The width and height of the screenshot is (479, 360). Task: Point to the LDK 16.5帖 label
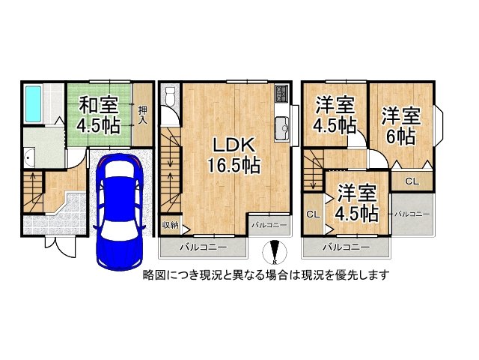[234, 154]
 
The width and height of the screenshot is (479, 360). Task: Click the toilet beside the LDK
[170, 98]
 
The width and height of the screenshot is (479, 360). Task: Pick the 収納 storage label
[170, 225]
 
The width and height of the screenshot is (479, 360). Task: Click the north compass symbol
[275, 253]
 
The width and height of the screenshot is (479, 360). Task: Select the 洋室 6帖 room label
[401, 126]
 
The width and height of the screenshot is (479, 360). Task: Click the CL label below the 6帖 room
[412, 181]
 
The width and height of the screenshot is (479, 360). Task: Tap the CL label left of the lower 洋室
[312, 214]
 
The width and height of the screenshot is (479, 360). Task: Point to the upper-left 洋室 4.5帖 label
[335, 115]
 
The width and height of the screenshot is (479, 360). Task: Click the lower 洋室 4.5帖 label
[356, 202]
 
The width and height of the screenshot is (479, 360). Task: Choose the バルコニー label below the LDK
[202, 246]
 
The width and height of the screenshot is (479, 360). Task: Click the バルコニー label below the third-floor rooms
[346, 246]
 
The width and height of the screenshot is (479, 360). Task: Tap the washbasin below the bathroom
[29, 157]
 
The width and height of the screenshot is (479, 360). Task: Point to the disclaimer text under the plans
[266, 275]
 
